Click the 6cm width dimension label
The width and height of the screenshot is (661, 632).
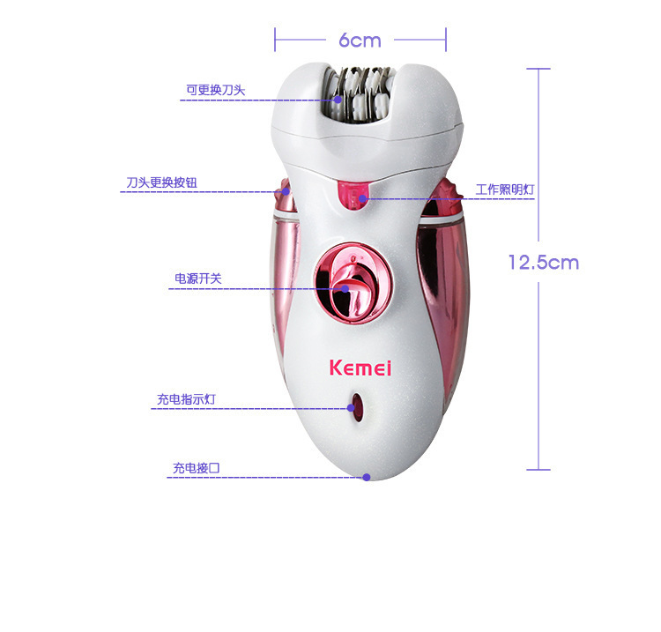[360, 41]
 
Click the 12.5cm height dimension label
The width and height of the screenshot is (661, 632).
[543, 262]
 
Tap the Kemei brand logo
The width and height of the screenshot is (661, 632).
[360, 368]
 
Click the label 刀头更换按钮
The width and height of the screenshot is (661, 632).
[161, 182]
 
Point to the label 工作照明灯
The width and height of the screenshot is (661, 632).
[505, 190]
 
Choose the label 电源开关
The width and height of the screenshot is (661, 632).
[198, 279]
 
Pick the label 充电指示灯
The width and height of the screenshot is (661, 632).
[186, 399]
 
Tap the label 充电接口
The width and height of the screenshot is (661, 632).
[196, 468]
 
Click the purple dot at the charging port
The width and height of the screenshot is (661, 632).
[367, 477]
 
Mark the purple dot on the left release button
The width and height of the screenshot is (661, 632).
[286, 191]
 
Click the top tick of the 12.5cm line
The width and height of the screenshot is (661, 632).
[538, 69]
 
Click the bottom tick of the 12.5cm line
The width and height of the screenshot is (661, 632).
[538, 469]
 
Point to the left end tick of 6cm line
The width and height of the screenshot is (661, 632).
[275, 40]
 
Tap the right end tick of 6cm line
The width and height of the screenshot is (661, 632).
[446, 40]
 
